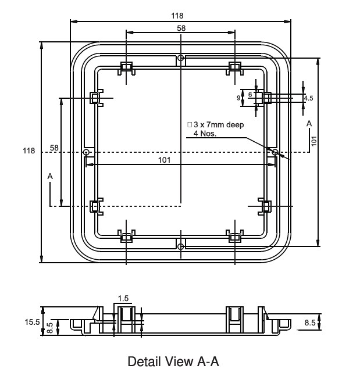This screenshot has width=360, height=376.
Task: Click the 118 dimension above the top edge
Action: click(180, 16)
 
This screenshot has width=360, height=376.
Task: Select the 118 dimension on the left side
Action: click(28, 151)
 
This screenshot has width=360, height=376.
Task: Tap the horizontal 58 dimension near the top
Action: click(181, 28)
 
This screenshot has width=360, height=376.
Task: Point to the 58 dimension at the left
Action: click(54, 148)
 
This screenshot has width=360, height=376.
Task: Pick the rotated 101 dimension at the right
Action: click(313, 141)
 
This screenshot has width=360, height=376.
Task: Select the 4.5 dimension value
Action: click(308, 98)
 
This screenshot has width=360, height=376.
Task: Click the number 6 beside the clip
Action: click(250, 94)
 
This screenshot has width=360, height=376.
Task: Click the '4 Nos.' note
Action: click(205, 134)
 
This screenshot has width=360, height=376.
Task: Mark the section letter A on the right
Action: click(309, 124)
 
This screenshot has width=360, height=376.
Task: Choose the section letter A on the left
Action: click(50, 176)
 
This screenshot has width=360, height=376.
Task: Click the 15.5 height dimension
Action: click(33, 321)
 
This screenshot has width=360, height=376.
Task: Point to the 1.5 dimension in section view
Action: click(123, 299)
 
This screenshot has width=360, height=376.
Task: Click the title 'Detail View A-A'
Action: click(173, 362)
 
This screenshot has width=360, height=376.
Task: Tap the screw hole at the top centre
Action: click(181, 58)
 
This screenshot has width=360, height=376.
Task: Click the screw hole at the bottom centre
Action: click(181, 246)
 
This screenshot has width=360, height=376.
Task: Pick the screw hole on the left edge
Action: click(86, 152)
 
